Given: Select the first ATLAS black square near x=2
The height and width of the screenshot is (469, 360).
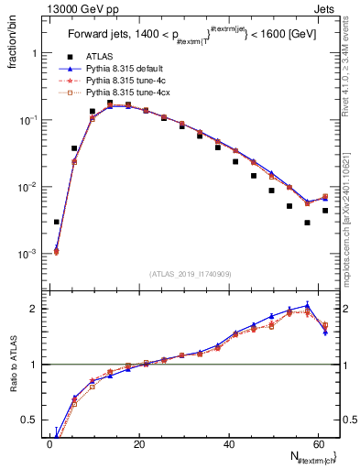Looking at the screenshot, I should [57, 222].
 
